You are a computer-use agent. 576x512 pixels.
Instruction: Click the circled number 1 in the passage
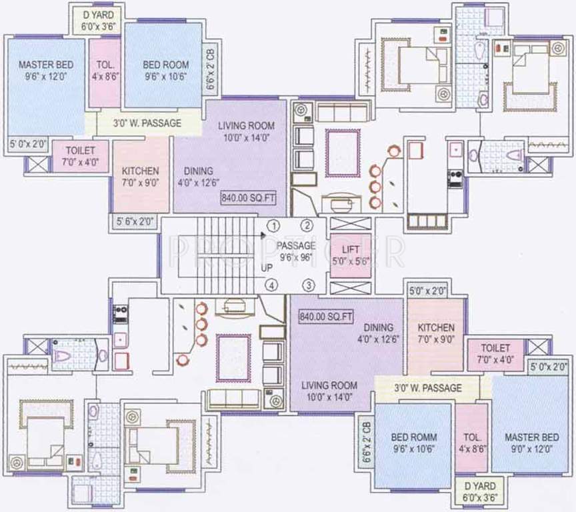pyautogui.click(x=273, y=225)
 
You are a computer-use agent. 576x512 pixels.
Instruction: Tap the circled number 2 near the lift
pyautogui.click(x=308, y=225)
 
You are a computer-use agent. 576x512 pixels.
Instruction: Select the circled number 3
pyautogui.click(x=308, y=286)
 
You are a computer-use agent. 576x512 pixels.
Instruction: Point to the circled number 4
pyautogui.click(x=271, y=286)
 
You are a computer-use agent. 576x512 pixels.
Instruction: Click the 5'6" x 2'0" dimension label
pyautogui.click(x=135, y=223)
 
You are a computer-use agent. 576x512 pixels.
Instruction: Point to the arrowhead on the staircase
pyautogui.click(x=263, y=235)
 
